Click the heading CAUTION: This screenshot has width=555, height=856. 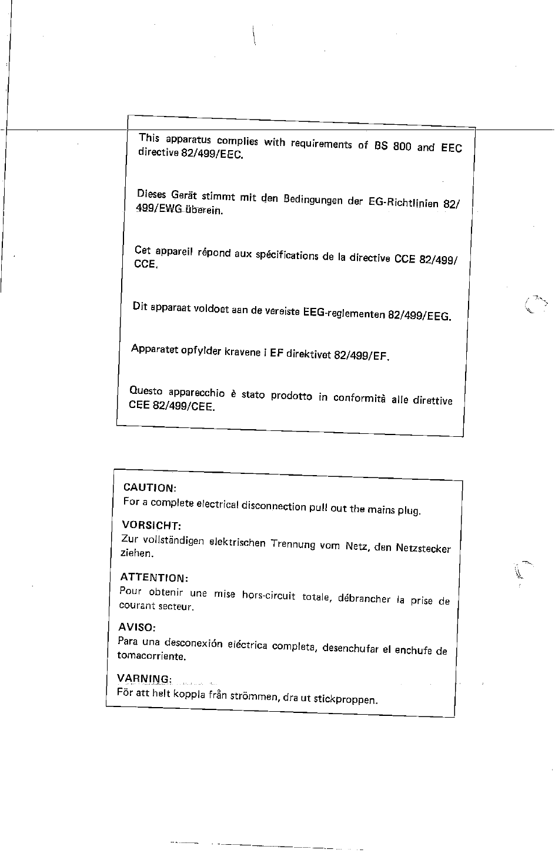tap(149, 488)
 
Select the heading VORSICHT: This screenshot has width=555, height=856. tap(151, 525)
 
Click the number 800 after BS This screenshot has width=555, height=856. tap(402, 147)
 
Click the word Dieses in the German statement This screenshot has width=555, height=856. tap(151, 194)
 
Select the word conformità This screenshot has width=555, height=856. tap(359, 398)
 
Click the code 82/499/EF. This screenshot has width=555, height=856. tap(362, 356)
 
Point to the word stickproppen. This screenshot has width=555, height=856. tap(345, 699)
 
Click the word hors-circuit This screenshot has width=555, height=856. tap(268, 595)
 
